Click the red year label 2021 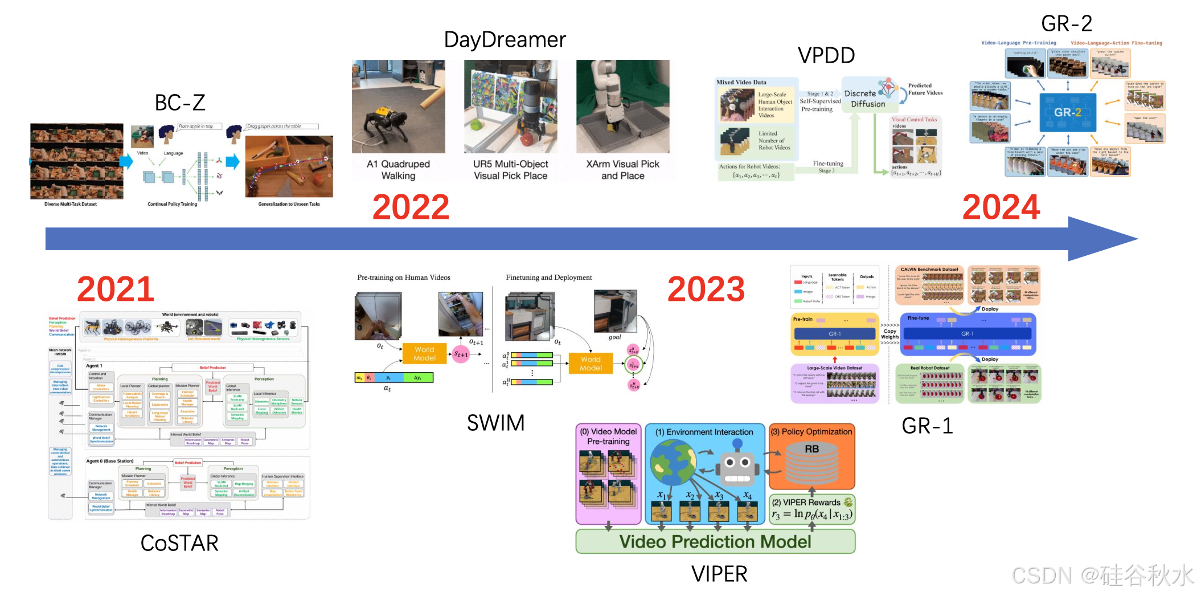point(116,289)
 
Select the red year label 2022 point(411,207)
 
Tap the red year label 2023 point(706,289)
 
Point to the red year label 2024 point(1001,207)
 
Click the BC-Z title point(180,103)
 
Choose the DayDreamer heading point(505,40)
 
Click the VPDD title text point(826,55)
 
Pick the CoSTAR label point(179,543)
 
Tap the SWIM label point(495,423)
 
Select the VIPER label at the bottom point(719,574)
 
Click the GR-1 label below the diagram point(927,426)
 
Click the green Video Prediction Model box point(715,541)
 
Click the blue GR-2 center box point(1068,113)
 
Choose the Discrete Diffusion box point(868,99)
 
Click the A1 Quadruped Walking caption point(398,170)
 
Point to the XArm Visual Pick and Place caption point(622,170)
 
